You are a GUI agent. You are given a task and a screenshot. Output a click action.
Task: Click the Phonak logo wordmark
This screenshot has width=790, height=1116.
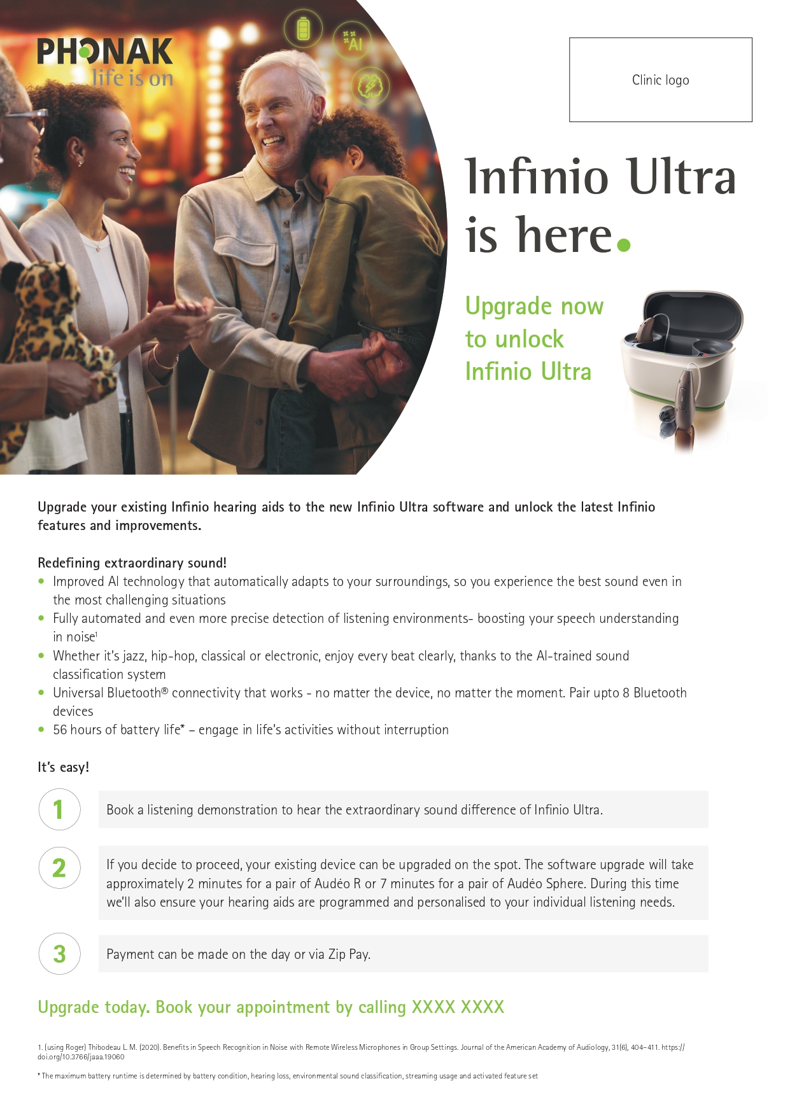[x=105, y=52]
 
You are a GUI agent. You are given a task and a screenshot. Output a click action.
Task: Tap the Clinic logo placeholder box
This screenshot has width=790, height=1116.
[x=660, y=80]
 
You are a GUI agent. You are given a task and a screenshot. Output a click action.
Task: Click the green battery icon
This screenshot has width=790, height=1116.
[x=303, y=29]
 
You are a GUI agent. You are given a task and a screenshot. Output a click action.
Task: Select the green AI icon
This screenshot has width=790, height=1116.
[x=353, y=42]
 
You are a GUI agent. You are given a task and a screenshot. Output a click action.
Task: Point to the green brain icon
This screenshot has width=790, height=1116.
[x=370, y=86]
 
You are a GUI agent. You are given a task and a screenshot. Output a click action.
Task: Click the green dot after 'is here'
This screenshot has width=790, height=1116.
[x=624, y=245]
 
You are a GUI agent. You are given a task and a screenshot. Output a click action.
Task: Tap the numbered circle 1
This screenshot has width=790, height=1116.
[x=59, y=809]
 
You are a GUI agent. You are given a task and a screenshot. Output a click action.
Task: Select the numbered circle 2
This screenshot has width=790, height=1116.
[x=59, y=868]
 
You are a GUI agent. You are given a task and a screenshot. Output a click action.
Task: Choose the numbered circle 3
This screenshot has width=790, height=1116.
[x=59, y=954]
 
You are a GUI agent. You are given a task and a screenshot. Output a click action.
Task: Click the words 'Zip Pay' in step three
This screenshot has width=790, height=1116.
[x=349, y=954]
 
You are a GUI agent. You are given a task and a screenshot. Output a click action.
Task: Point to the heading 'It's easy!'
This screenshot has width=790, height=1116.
[x=63, y=767]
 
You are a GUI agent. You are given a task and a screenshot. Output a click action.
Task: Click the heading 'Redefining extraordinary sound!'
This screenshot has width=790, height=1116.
[x=132, y=562]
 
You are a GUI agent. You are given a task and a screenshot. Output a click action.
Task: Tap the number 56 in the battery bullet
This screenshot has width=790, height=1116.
[x=60, y=730]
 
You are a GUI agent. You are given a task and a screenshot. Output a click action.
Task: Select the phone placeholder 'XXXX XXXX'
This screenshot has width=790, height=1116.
[x=458, y=1007]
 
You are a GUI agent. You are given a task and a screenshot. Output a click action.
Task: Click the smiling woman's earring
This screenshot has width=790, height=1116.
[x=80, y=163]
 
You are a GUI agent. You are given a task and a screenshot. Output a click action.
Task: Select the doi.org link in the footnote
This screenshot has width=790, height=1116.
[x=81, y=1057]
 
